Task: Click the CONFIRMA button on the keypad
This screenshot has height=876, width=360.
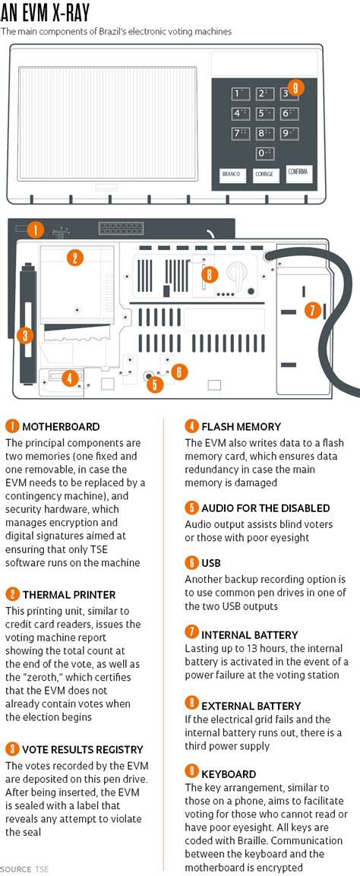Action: pos(298,173)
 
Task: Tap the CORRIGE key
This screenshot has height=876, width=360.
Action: pos(264,175)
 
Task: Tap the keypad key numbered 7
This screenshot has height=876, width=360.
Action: pos(240,134)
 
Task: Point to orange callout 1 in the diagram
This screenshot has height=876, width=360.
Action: pos(35,229)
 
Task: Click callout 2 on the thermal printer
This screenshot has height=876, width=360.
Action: pos(74,258)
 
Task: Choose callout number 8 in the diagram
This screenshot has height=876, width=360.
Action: pos(210,274)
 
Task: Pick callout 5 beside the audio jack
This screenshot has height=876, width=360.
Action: pos(155,384)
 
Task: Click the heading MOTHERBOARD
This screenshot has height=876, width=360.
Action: pos(61,428)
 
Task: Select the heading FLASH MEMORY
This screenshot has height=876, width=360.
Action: pos(241,428)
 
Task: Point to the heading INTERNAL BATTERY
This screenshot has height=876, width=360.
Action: pos(249,635)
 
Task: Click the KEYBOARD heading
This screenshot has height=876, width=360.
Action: pos(229,774)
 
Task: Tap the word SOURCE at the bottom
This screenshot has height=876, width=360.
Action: pos(16,869)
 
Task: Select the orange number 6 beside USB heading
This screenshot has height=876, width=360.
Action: pos(191,562)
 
